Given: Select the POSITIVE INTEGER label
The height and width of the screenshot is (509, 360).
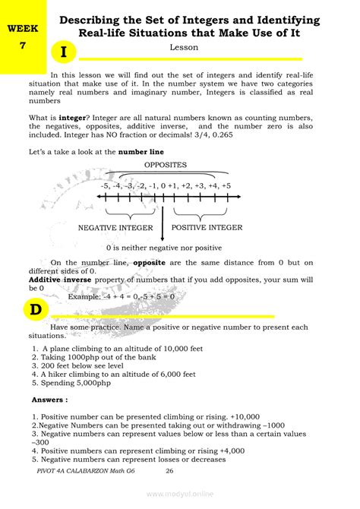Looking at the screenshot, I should pos(207,227).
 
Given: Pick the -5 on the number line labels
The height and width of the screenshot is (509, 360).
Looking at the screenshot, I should pos(105,186).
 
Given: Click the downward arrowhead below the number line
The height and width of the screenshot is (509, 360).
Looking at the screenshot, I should pos(163,232).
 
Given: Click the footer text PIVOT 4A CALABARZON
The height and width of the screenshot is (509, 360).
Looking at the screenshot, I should pos(76,471).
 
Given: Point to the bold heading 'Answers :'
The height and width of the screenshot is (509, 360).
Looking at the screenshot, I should pos(49,399).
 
